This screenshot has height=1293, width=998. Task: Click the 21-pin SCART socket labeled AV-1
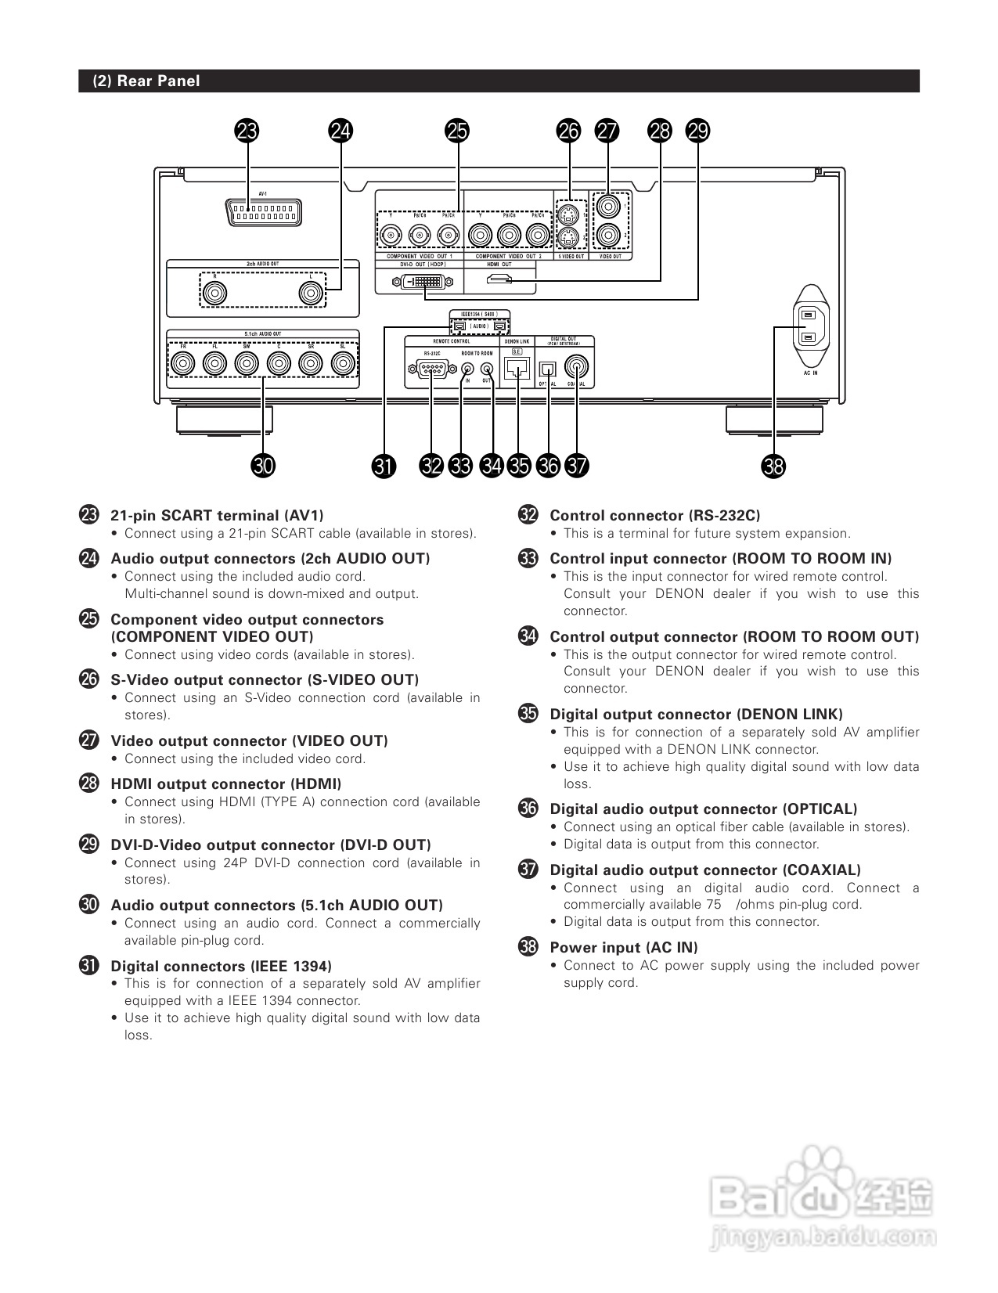[263, 212]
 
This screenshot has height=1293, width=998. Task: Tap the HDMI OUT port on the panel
[499, 280]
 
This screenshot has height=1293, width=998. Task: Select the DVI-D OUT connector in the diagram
[420, 281]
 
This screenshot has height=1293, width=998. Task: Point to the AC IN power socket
[809, 326]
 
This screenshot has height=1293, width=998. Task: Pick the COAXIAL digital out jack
[578, 366]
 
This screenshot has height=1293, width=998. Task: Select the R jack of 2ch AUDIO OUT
[214, 294]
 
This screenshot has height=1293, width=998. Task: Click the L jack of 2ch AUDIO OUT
[312, 294]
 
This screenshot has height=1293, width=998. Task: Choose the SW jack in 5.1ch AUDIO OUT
[247, 363]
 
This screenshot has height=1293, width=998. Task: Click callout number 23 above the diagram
[247, 131]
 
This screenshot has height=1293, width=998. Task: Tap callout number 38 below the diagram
[773, 466]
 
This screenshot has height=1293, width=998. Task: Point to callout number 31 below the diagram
[384, 466]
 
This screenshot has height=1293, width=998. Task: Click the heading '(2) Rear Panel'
[146, 81]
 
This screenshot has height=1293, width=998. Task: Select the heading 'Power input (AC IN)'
[623, 947]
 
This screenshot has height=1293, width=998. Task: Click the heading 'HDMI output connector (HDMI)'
[225, 783]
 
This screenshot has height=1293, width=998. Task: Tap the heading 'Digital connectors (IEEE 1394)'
[221, 966]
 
